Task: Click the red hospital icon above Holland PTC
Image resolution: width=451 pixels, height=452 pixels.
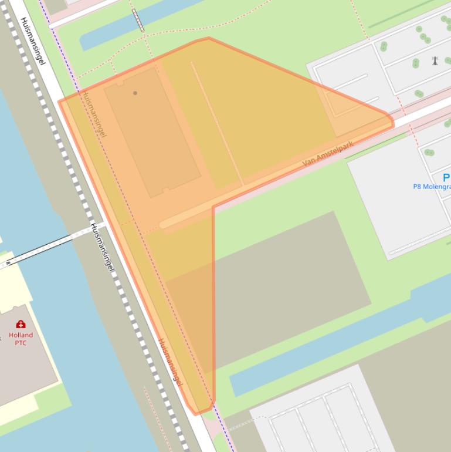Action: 21,324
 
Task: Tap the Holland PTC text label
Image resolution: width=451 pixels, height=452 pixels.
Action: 21,339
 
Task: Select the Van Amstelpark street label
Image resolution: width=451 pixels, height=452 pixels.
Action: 328,153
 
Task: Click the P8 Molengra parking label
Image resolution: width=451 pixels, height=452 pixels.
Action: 432,187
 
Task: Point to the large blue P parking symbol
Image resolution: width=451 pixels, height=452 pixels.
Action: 446,177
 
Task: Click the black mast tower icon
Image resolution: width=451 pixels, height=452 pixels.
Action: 435,60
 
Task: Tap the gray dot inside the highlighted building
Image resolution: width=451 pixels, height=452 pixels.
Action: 135,93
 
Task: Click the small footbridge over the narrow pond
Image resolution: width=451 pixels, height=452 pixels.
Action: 138,21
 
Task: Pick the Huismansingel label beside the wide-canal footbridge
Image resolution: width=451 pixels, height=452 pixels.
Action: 101,247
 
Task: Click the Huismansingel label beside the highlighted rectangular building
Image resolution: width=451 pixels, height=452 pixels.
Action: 94,114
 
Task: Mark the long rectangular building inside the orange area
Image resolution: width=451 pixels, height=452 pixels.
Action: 152,132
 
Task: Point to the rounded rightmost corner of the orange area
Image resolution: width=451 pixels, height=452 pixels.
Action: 391,120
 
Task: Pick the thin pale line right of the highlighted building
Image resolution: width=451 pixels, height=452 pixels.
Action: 217,123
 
